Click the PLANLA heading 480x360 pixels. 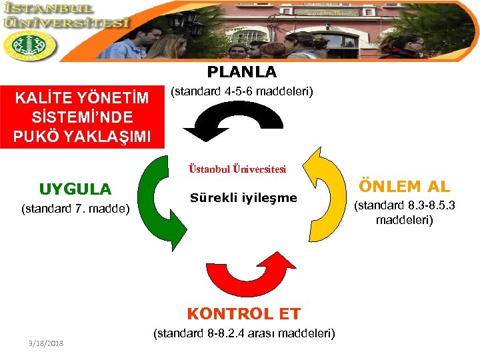(241, 71)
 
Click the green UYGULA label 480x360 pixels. (75, 189)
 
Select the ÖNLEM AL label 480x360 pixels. (404, 187)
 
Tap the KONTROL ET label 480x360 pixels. (243, 313)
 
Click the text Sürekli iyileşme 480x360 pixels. (243, 198)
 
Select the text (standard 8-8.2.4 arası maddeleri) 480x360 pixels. (244, 333)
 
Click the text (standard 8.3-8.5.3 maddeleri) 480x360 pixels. (404, 212)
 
